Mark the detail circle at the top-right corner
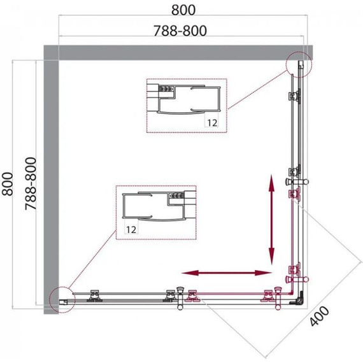(x=297, y=64)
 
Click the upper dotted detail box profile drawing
(x=187, y=105)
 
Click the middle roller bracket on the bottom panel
(x=170, y=294)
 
